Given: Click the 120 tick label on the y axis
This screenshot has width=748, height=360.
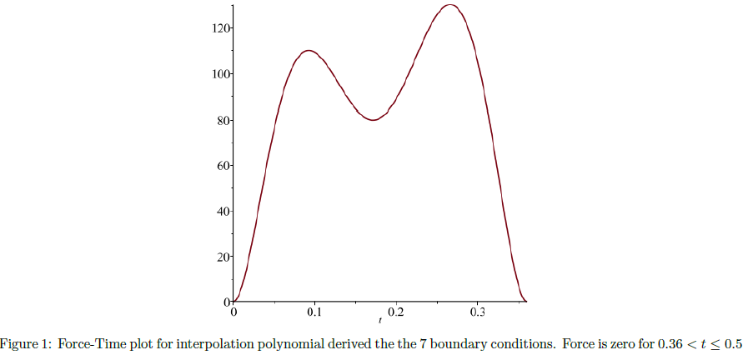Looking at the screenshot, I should coord(221,28).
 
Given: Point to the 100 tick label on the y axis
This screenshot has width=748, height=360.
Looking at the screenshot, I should coord(221,74).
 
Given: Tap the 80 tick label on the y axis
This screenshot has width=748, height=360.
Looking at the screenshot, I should coord(223,120).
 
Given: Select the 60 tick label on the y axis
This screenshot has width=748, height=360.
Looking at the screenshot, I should coord(223,166).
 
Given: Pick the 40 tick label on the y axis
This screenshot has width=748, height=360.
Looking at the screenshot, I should coord(223,211).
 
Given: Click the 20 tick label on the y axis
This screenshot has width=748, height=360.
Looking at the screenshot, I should coord(223,257).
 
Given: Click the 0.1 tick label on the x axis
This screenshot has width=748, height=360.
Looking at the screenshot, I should coord(314,312).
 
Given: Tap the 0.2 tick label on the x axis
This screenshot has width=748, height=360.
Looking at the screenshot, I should coord(396,312).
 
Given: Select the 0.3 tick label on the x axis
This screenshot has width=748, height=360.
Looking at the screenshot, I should coord(477,312).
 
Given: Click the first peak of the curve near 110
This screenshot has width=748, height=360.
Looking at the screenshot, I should coord(309,51).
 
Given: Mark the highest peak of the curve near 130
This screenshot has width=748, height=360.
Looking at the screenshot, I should coord(450,5).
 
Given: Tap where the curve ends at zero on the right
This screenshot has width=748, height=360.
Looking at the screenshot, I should coord(526,301).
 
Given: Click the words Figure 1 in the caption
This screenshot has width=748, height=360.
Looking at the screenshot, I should coord(24,344).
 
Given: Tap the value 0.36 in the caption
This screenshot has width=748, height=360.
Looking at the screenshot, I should coord(648,344).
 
